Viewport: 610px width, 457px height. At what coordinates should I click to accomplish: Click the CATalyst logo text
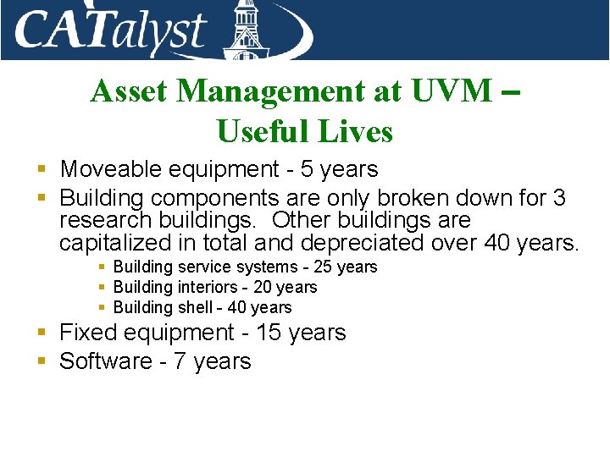110,30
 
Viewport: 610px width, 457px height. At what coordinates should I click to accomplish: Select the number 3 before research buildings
558,198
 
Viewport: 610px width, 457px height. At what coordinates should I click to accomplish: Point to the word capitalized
113,244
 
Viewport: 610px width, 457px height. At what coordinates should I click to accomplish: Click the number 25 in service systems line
322,267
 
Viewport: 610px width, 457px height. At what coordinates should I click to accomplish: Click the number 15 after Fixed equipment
268,333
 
